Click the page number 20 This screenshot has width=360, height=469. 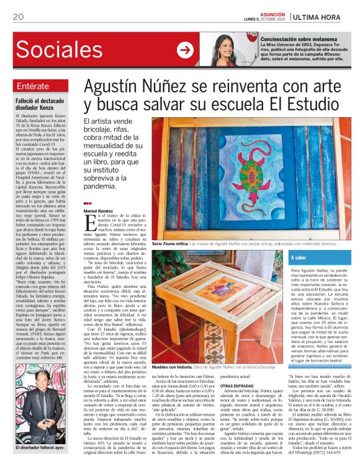18,16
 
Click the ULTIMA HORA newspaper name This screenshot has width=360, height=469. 320,16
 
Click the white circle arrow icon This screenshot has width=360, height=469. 185,50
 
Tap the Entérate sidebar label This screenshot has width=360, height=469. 35,85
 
